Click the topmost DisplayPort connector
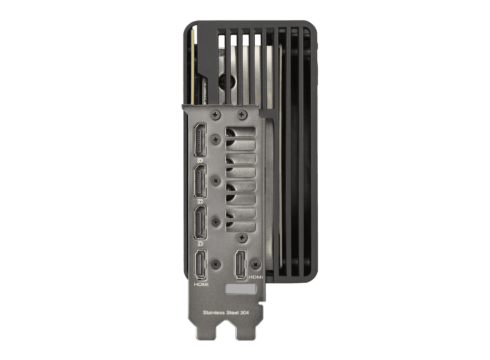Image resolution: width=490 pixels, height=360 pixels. coord(200,140)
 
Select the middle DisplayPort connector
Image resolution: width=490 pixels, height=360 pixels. coord(200,181)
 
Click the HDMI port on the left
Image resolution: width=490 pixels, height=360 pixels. coord(201,265)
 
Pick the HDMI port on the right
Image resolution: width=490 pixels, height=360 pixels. coord(240,265)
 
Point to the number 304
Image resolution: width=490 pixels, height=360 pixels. coord(245,312)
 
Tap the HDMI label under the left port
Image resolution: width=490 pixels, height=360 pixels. coord(201,284)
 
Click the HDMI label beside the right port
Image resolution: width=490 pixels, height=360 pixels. coord(256,277)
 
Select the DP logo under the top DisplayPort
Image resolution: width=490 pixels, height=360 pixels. coord(201,160)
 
